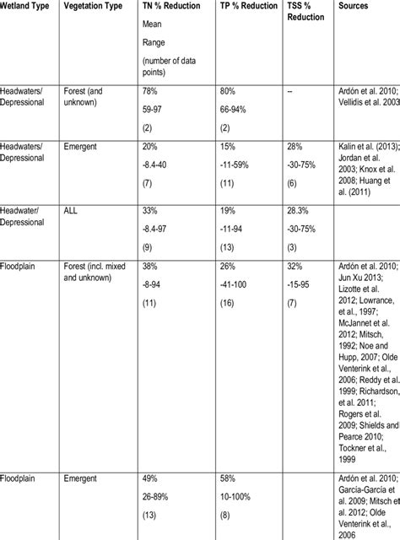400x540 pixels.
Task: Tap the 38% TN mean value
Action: [152, 266]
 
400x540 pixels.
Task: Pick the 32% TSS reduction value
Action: [292, 266]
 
